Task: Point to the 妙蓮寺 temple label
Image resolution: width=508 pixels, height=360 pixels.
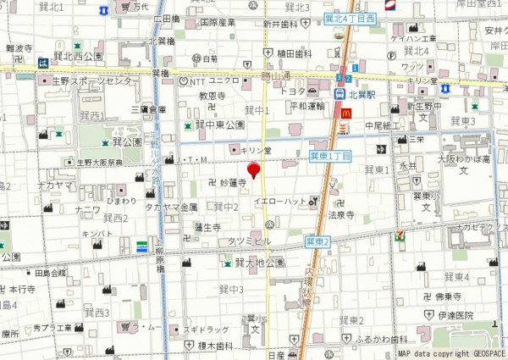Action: (x=232, y=182)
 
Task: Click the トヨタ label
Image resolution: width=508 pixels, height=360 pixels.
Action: (x=292, y=91)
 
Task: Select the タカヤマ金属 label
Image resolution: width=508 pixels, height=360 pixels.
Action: (x=171, y=207)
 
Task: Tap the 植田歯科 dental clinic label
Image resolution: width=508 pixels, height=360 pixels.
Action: (x=294, y=53)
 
